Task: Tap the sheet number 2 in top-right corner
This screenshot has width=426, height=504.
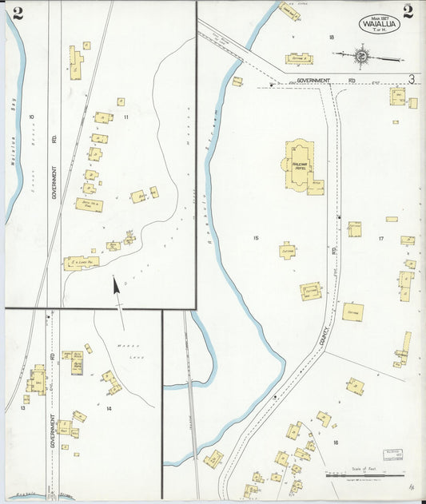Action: click(408, 11)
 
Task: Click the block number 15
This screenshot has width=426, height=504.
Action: click(256, 238)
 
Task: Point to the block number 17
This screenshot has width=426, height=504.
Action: click(381, 238)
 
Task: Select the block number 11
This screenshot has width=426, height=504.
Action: click(126, 117)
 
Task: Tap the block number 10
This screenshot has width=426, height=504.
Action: click(32, 117)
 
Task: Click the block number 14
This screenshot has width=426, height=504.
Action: click(108, 409)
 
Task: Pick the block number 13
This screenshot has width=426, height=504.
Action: click(25, 409)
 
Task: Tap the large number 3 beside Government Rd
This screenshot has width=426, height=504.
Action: click(411, 79)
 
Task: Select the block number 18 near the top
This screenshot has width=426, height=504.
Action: click(330, 37)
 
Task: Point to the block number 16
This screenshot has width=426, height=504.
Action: click(336, 442)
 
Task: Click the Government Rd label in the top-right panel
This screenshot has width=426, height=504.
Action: click(314, 81)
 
